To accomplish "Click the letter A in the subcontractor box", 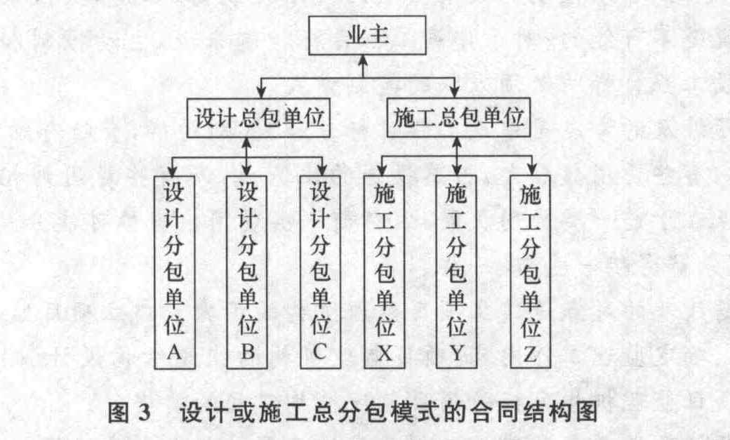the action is coord(174,352).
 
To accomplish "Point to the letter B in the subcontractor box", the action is coord(247,352).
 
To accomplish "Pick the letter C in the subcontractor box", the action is coord(320,352).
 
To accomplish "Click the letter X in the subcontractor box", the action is coord(384,354).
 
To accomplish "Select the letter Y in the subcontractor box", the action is coord(456,354).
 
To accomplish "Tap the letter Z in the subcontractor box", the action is coord(530,354).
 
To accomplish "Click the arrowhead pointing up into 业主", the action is coord(363,60).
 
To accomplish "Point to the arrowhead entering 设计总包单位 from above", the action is coord(261,92).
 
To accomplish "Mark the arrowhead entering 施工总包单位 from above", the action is coord(455,92).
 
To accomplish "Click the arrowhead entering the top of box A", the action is coord(173,171).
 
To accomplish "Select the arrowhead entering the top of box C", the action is coord(321,170).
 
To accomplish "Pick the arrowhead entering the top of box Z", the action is coord(531,170).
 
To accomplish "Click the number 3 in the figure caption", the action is coord(145,413).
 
